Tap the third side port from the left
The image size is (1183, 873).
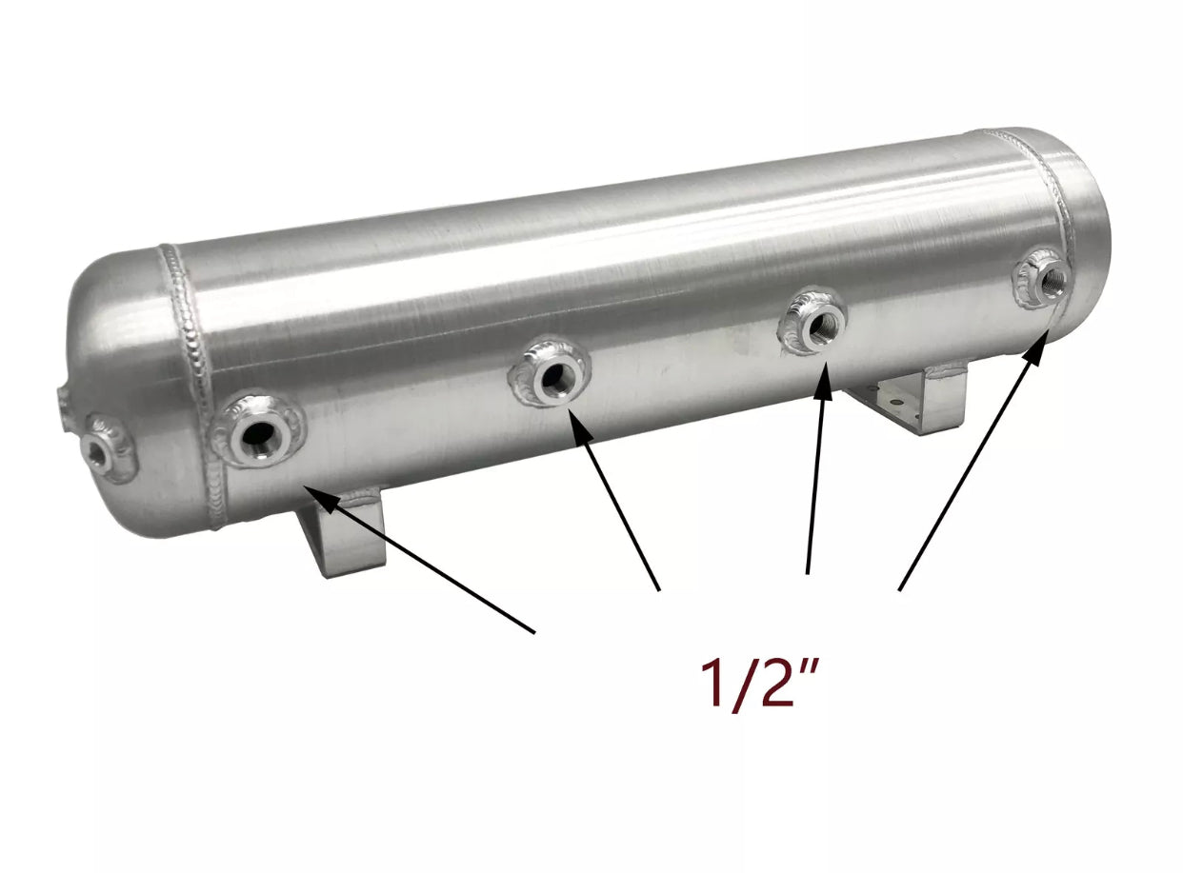815,325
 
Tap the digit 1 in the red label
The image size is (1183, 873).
712,682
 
